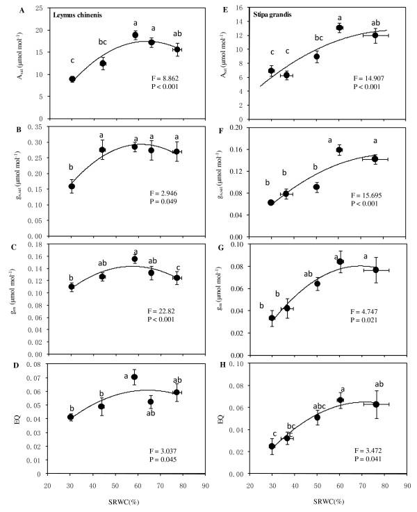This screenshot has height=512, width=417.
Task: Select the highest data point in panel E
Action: [339, 28]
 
